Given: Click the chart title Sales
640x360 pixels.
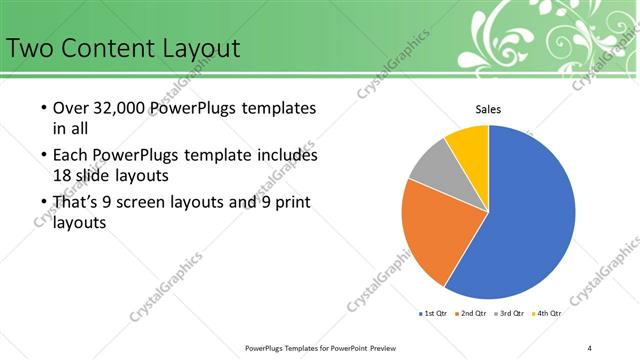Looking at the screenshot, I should (488, 110).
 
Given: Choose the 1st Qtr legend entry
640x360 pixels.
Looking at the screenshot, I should (433, 313).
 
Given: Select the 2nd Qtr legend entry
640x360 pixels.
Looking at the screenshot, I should (472, 313).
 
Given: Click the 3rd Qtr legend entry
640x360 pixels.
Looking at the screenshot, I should (510, 313).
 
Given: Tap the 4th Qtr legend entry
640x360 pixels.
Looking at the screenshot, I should (548, 313).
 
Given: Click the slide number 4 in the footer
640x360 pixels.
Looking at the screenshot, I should (590, 347).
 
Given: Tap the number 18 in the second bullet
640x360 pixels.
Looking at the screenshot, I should (62, 174).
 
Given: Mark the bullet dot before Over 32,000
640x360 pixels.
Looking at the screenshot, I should (43, 108).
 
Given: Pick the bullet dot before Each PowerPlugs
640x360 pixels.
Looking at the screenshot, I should (43, 156).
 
